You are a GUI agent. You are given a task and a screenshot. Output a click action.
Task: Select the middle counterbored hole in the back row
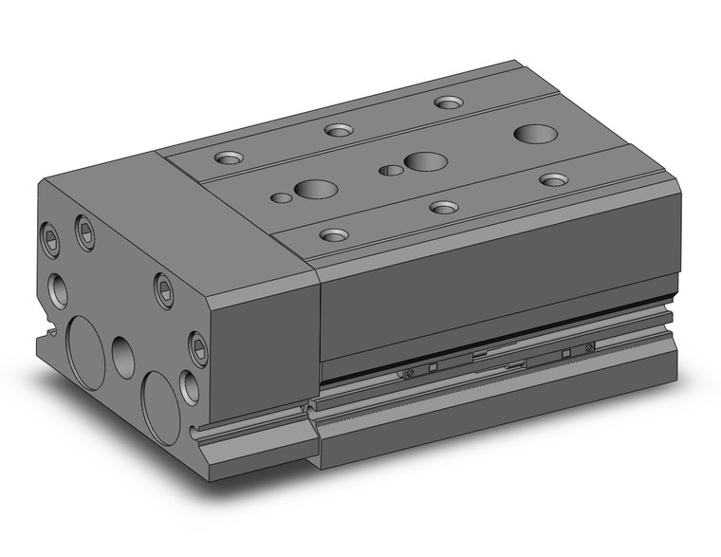pyautogui.click(x=338, y=130)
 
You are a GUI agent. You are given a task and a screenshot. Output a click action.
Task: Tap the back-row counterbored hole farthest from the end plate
pyautogui.click(x=448, y=102)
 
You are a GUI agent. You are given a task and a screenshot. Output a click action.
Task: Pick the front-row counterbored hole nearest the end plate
pyautogui.click(x=333, y=234)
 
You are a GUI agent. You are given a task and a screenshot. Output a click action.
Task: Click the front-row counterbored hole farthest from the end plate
pyautogui.click(x=553, y=178)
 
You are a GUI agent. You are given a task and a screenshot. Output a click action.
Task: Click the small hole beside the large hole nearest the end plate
pyautogui.click(x=280, y=198)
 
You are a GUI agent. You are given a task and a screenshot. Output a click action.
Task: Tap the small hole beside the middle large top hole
pyautogui.click(x=390, y=171)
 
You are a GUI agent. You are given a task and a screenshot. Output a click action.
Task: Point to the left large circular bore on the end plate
pyautogui.click(x=85, y=352)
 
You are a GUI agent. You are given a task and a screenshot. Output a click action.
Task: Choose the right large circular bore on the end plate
pyautogui.click(x=160, y=408)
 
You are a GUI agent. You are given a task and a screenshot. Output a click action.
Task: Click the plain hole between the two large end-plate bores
pyautogui.click(x=123, y=357)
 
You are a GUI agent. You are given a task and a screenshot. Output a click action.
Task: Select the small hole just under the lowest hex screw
pyautogui.click(x=190, y=387)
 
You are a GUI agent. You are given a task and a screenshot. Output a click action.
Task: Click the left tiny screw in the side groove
pyautogui.click(x=408, y=373)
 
